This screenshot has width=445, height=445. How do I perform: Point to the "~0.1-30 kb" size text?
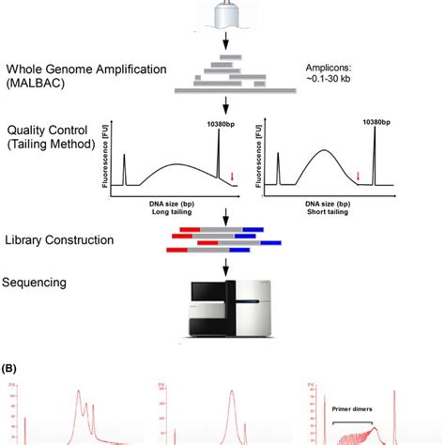(332, 84)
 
